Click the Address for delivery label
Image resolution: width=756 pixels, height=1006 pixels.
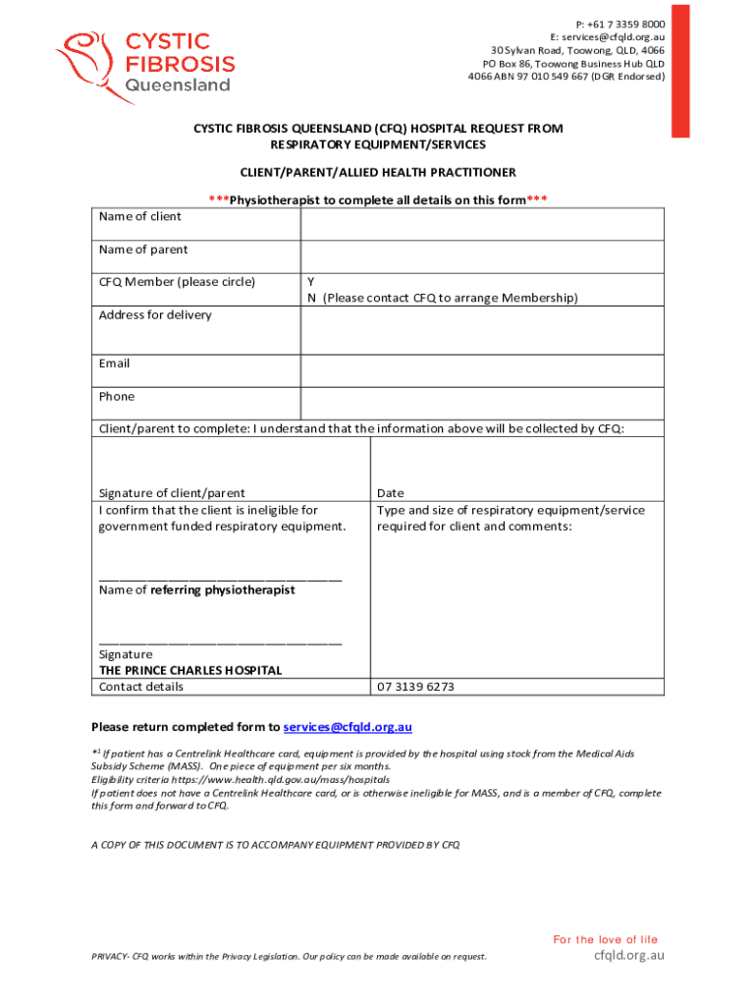coord(155,315)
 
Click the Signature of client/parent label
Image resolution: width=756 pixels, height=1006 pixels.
coord(172,493)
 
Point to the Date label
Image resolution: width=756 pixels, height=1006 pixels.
coord(390,493)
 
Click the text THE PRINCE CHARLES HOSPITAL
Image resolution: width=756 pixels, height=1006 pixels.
coord(190,670)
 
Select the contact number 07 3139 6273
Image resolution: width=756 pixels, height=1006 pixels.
coord(415,687)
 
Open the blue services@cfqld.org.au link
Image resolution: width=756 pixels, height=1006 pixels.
coord(348,727)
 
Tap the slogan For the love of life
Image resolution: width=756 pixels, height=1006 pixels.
coord(605,939)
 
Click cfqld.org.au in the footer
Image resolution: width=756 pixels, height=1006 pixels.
coord(629,955)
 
